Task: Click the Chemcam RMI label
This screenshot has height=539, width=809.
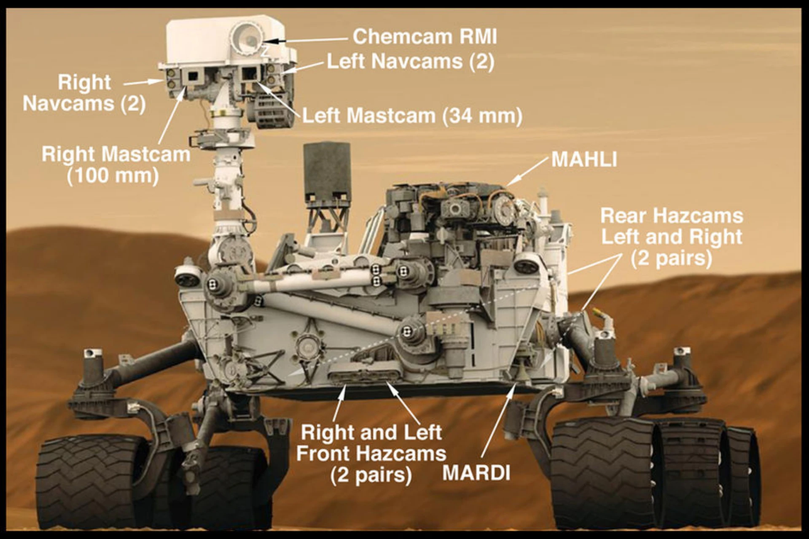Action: tap(425, 37)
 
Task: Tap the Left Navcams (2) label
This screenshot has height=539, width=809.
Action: tap(410, 62)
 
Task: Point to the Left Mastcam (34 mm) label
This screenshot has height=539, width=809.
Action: tap(412, 116)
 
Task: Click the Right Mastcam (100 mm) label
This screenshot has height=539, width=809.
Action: tap(116, 165)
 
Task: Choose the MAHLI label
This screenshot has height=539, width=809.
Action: tap(584, 159)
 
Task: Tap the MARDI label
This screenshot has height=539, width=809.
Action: tap(476, 473)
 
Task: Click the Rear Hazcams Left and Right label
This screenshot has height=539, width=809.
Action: tap(672, 237)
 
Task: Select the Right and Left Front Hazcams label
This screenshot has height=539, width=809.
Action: tap(371, 453)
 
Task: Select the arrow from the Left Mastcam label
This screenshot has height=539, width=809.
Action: tap(278, 98)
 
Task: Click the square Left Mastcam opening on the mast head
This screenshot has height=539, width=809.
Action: tap(248, 74)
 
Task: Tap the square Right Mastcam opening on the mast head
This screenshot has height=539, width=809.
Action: tap(193, 76)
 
